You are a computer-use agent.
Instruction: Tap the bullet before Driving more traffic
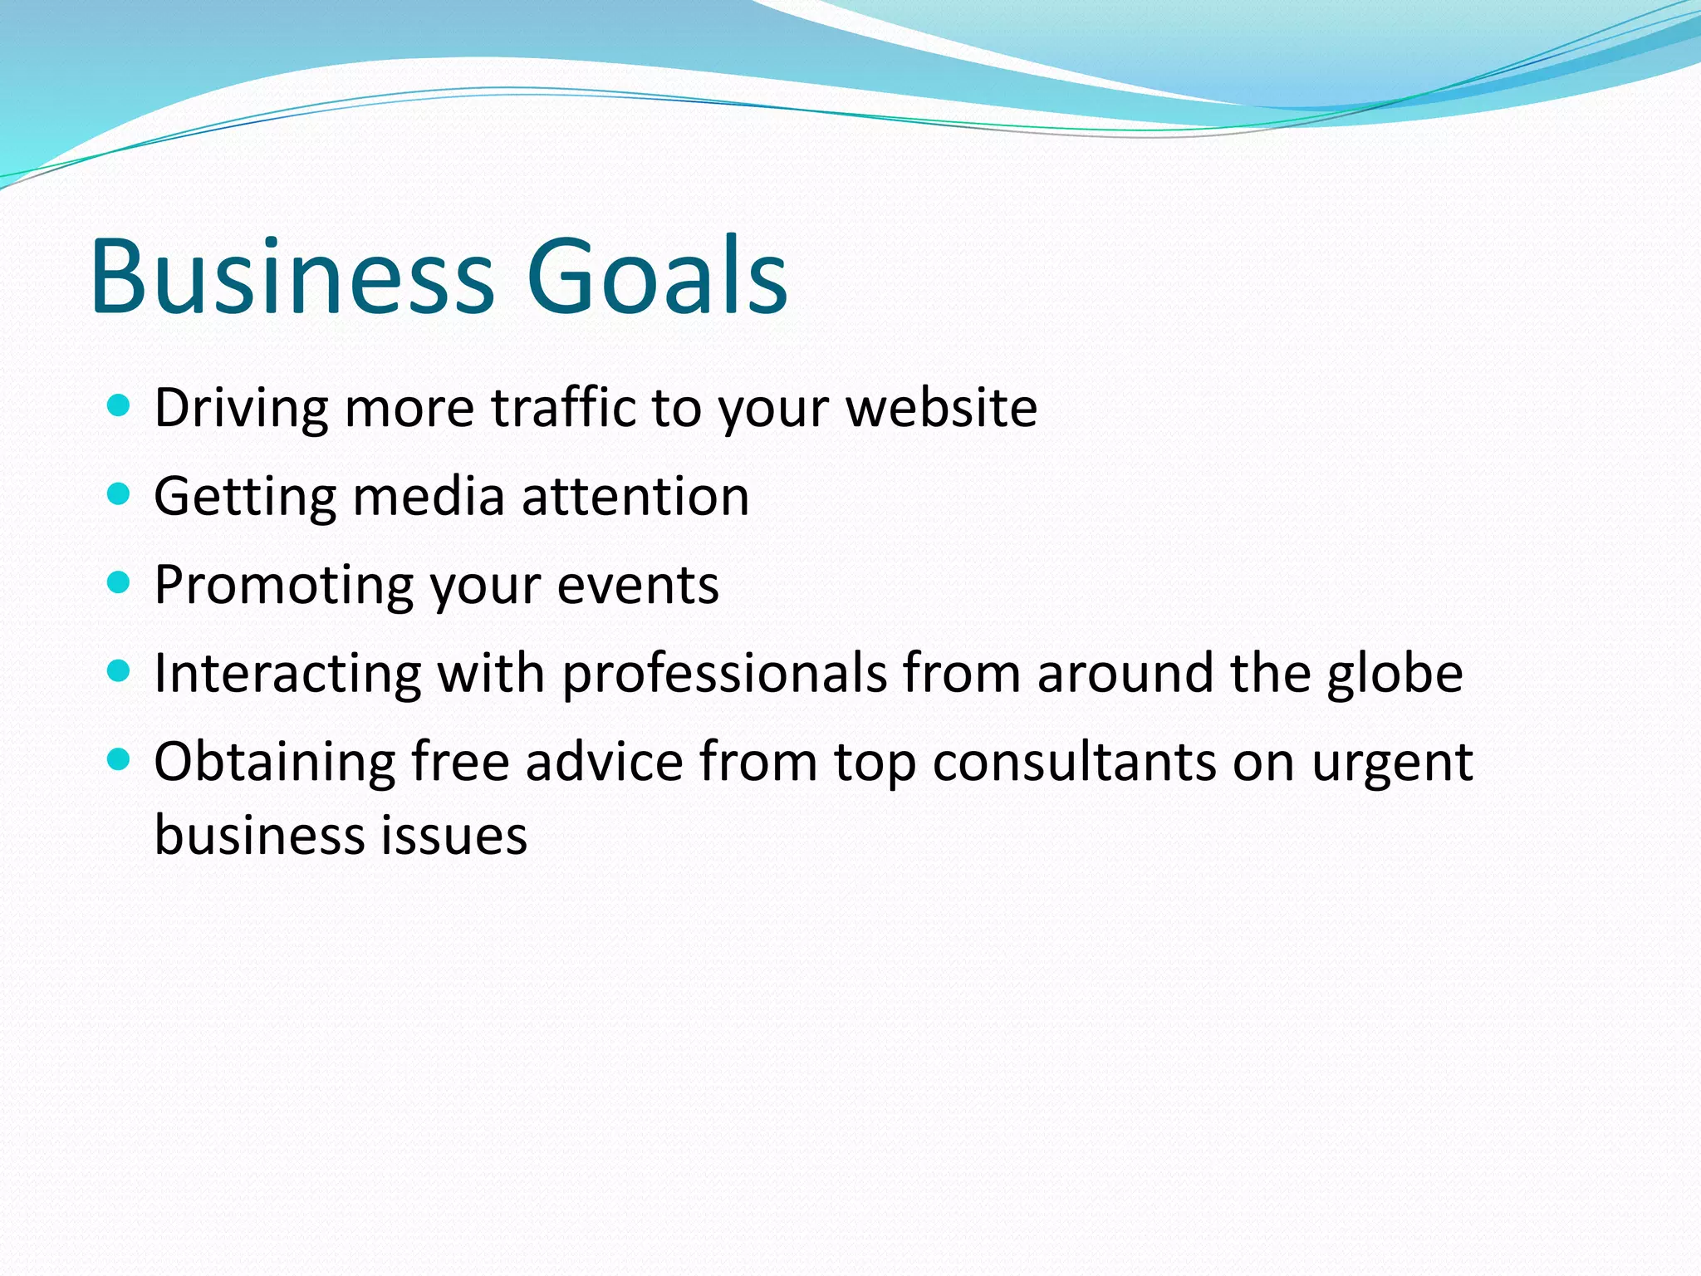tap(120, 406)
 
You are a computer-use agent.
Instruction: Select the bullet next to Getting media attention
tap(120, 495)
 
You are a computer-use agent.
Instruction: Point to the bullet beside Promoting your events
tap(120, 583)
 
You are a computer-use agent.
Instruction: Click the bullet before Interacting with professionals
tap(120, 671)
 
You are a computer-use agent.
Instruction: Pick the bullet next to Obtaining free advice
tap(120, 759)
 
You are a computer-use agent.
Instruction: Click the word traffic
tap(562, 408)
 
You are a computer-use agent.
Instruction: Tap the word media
tap(429, 497)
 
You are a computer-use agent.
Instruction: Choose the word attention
tap(635, 497)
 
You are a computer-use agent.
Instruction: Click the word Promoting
tap(283, 585)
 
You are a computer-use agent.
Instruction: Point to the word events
tap(637, 586)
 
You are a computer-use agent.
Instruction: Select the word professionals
tap(724, 673)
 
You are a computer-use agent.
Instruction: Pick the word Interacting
tap(287, 673)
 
